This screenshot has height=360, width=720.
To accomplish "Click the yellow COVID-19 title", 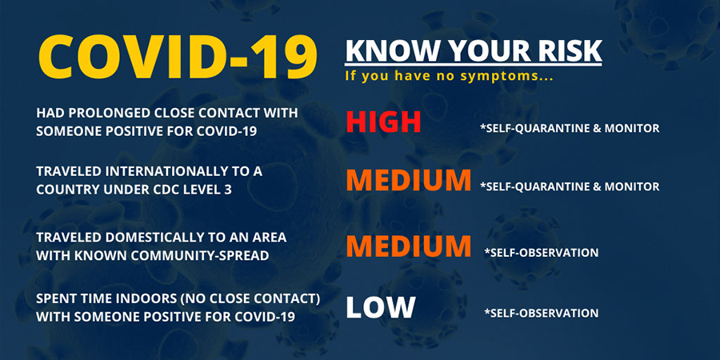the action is pos(178,57).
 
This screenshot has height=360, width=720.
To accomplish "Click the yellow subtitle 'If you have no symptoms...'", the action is pos(449,76).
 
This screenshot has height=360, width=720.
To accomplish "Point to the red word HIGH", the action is pos(383,122).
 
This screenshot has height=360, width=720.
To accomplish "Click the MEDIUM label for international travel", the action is pos(409,181).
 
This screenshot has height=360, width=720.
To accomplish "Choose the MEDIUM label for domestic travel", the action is pos(409,246).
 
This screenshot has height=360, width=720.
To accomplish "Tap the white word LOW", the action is pos(381,307).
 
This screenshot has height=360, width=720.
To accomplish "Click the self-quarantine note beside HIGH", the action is pos(570,128).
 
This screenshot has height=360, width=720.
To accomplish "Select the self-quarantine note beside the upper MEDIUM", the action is pos(570,186).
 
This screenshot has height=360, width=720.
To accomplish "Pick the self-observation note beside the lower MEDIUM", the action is pos(541,253).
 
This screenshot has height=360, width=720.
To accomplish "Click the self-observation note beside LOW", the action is pos(541,313).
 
